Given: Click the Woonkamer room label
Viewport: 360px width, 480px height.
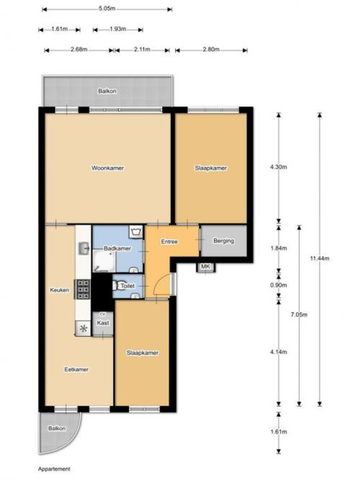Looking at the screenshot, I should coord(107,168).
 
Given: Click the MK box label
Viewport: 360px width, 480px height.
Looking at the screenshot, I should coord(204,267).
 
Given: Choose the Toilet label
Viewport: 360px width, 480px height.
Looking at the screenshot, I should coord(125,286).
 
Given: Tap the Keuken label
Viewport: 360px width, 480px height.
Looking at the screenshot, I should coord(59,290).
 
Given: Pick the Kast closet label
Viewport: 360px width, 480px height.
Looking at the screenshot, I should coord(103,323).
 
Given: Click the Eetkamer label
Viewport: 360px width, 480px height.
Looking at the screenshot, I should coord(76,369).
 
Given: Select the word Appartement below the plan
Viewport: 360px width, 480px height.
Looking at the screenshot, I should coord(55,467).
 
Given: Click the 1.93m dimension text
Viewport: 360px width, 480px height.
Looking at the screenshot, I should coord(118,29).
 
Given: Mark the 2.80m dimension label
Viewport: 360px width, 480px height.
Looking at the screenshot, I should coord(210,49).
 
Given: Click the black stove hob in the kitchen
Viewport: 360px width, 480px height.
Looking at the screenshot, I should coord(84,291).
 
